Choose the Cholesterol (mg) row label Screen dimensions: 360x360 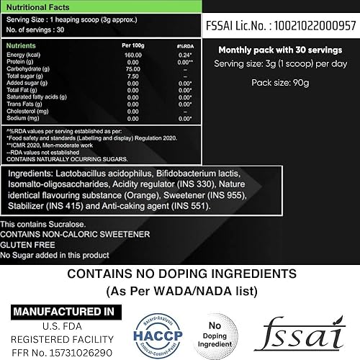(x=26, y=112)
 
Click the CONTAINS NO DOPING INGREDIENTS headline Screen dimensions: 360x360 (x=180, y=274)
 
